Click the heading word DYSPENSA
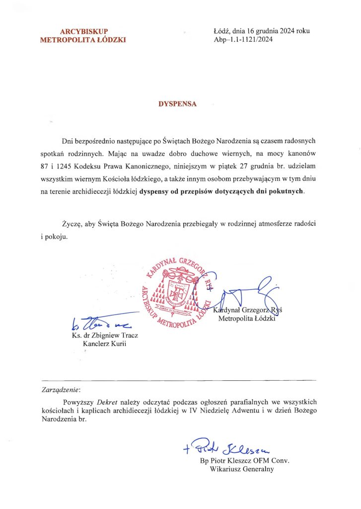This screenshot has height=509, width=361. pos(177,104)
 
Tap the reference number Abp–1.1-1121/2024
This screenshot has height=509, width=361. pos(243,40)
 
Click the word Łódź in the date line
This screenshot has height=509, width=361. pos(221,31)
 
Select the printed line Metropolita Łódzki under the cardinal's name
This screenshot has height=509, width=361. pos(247,319)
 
